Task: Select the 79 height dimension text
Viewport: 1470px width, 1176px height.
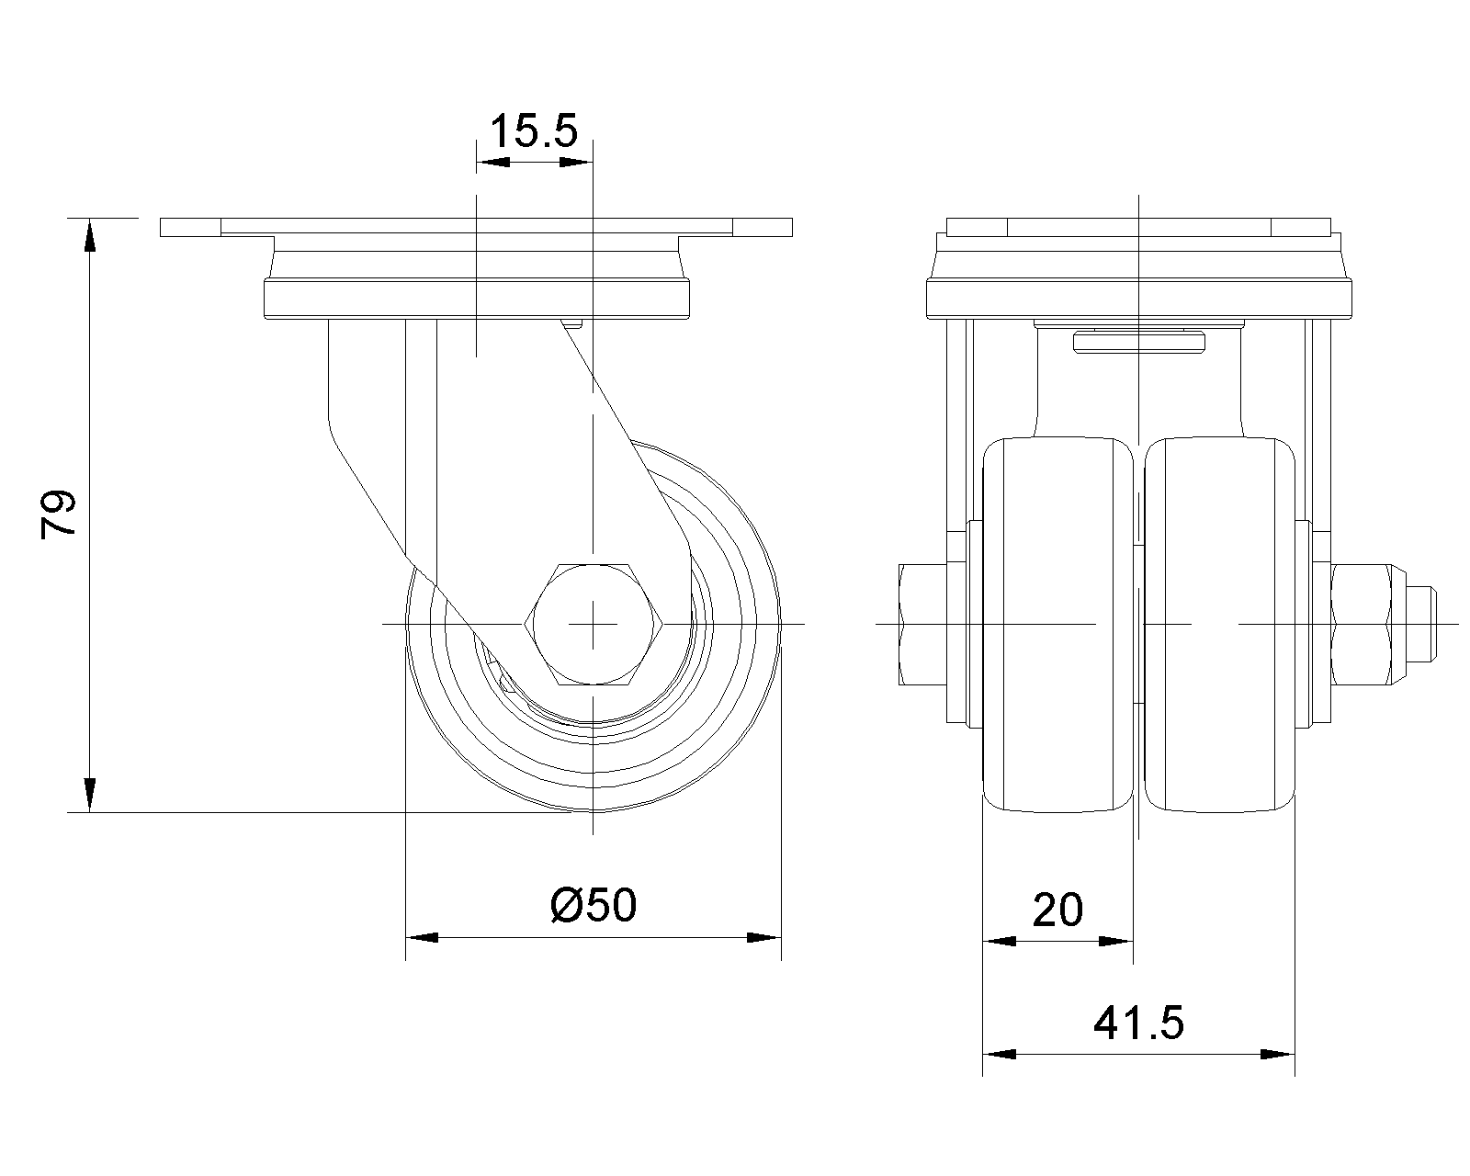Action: pyautogui.click(x=58, y=514)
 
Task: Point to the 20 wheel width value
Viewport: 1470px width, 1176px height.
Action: pyautogui.click(x=1057, y=910)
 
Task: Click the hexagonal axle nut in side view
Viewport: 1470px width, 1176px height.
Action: pyautogui.click(x=594, y=624)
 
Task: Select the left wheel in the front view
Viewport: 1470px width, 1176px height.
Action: pyautogui.click(x=1057, y=625)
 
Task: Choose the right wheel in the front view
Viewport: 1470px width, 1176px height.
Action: pyautogui.click(x=1219, y=625)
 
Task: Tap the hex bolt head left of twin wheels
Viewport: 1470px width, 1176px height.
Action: pyautogui.click(x=922, y=625)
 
